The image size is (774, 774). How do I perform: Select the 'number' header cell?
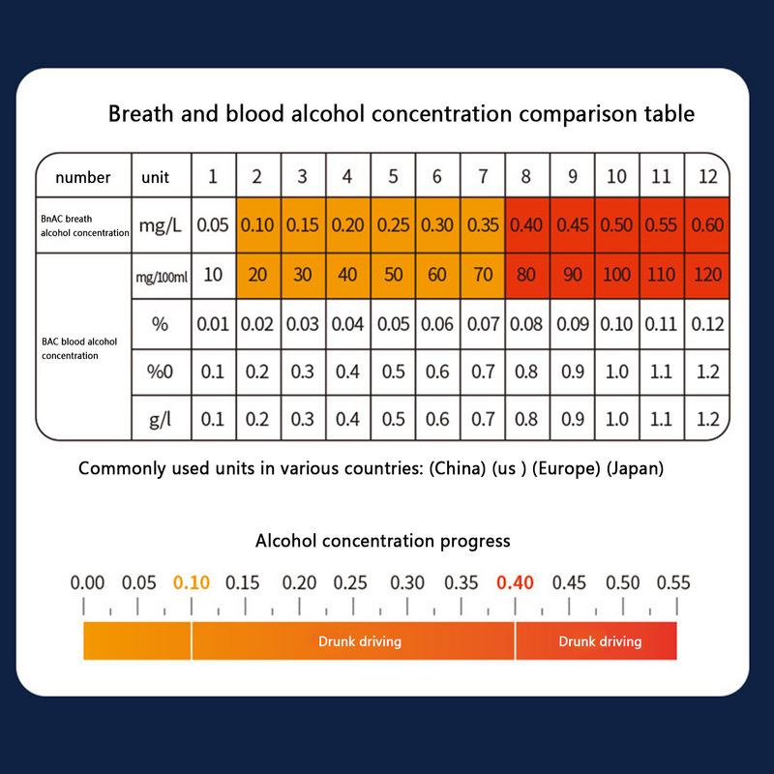pos(82,177)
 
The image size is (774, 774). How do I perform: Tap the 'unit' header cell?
pos(155,177)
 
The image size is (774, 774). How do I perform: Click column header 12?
pos(708,176)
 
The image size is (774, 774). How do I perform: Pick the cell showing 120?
pos(708,275)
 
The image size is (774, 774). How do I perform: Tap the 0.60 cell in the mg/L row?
pos(708,225)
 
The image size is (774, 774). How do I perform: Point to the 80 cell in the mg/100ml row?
pos(526,275)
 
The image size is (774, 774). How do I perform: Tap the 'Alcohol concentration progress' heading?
pos(382,541)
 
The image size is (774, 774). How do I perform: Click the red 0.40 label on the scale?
pos(515,582)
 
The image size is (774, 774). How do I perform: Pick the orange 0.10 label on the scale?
pos(192,582)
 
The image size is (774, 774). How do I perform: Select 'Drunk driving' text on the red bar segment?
pos(600,641)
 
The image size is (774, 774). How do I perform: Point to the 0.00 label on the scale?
pos(87,582)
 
